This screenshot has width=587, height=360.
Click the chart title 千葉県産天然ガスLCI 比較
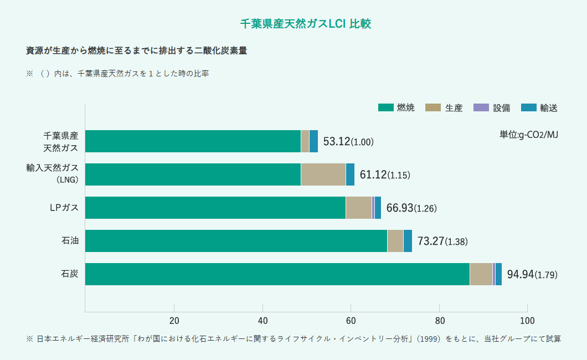tap(305, 24)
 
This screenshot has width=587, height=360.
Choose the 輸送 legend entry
tap(539, 108)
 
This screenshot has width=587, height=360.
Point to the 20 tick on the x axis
tap(174, 320)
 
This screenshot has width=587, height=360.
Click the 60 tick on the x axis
tap(351, 320)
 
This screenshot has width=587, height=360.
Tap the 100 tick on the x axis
tap(527, 320)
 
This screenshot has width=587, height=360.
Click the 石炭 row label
tap(70, 274)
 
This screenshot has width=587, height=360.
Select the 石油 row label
tap(70, 241)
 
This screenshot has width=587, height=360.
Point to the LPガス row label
tap(64, 208)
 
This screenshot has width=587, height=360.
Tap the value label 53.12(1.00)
tap(348, 142)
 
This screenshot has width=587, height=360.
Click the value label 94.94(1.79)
tap(532, 275)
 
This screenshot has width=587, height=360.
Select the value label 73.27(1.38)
tap(442, 241)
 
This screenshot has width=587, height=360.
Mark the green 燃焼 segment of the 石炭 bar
tap(277, 274)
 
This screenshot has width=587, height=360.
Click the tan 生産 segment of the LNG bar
tap(323, 174)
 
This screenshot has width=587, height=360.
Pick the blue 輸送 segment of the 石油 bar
tap(408, 241)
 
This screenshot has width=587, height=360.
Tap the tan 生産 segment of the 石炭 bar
tap(481, 274)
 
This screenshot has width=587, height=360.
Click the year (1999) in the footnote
tap(430, 338)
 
